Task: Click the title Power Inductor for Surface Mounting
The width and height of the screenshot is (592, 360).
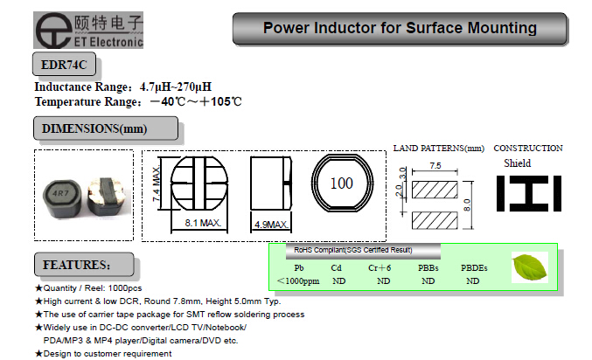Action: pyautogui.click(x=400, y=29)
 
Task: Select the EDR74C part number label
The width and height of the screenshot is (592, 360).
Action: pyautogui.click(x=63, y=66)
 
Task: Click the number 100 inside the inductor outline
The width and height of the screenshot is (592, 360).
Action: pyautogui.click(x=342, y=183)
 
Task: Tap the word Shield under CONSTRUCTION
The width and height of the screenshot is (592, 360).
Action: pyautogui.click(x=517, y=163)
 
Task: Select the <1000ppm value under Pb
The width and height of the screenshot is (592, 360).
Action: pyautogui.click(x=299, y=281)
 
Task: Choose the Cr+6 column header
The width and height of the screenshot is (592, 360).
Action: pyautogui.click(x=380, y=267)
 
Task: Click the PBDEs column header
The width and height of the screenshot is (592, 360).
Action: pyautogui.click(x=473, y=267)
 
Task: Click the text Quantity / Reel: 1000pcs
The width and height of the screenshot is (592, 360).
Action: pyautogui.click(x=97, y=287)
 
